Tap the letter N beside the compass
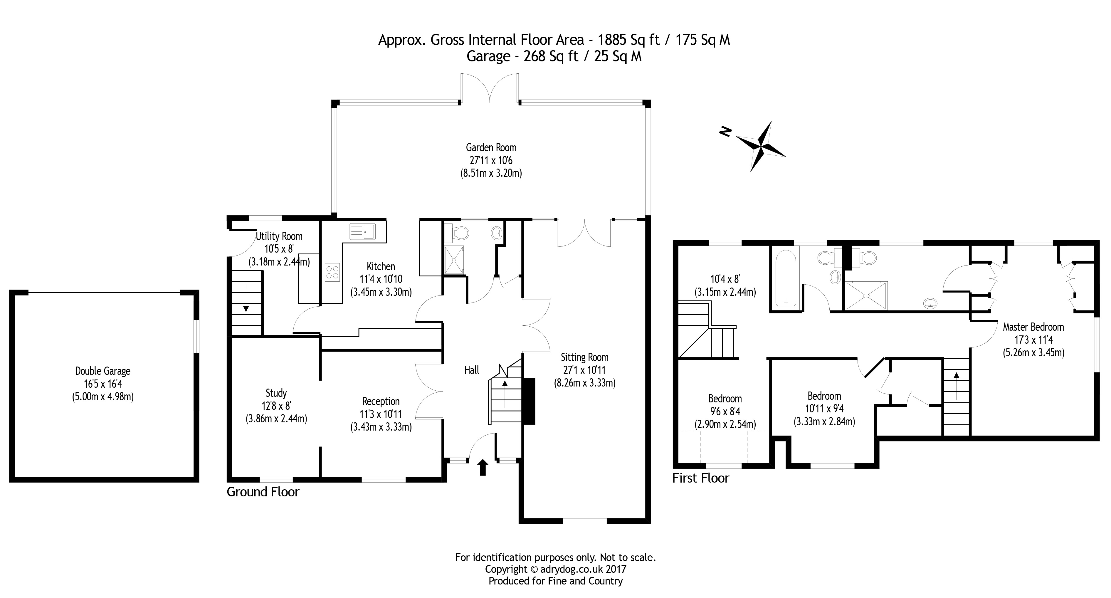coord(726,132)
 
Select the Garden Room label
coord(491,147)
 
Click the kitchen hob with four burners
coord(332,272)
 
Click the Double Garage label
coord(103,371)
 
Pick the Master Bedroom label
coord(1033,327)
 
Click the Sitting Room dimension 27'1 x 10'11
coord(584,370)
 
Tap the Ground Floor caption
coord(263,492)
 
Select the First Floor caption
coord(700,478)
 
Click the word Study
coord(276,393)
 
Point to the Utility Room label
coord(279,236)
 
